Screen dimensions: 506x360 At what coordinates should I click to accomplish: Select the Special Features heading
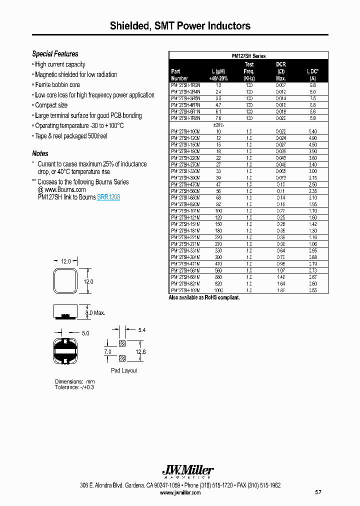tap(55, 54)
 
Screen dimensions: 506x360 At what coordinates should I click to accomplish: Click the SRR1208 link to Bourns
tap(108, 197)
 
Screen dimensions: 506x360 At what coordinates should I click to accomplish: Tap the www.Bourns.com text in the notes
tap(61, 189)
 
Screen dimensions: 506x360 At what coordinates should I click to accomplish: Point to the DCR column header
tap(281, 64)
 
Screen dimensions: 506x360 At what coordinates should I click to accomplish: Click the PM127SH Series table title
tap(248, 56)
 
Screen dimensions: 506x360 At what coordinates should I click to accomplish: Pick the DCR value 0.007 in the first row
tap(281, 85)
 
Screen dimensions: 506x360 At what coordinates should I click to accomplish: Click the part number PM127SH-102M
tap(185, 290)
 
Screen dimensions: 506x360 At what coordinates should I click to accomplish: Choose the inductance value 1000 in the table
tap(218, 290)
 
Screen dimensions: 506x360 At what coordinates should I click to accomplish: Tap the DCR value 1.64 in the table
tap(281, 283)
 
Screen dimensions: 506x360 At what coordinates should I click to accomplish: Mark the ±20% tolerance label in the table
tap(218, 124)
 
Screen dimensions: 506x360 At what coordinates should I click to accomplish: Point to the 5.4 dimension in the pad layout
tap(141, 330)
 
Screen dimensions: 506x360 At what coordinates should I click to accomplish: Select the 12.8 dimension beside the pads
tap(140, 352)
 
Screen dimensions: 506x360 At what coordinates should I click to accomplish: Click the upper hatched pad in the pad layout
tap(122, 344)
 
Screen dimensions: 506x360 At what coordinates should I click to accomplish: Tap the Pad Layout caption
tap(123, 370)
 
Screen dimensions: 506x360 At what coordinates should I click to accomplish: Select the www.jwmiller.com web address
tap(180, 492)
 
